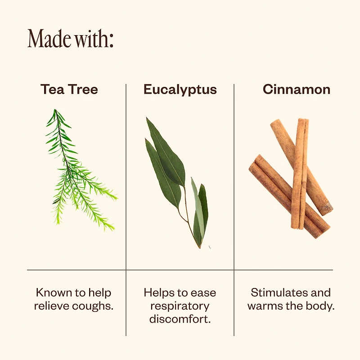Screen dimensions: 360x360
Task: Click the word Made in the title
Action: click(x=49, y=38)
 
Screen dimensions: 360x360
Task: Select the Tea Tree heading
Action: click(x=69, y=89)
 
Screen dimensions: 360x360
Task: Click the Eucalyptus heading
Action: click(x=180, y=90)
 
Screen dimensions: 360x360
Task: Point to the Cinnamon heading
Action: click(x=297, y=89)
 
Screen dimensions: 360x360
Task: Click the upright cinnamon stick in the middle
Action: click(x=300, y=174)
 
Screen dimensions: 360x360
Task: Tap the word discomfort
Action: click(x=180, y=319)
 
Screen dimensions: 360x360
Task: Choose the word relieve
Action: click(x=52, y=306)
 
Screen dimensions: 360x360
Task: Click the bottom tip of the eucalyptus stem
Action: click(x=199, y=248)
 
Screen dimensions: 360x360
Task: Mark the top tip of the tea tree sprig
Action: click(x=55, y=109)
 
